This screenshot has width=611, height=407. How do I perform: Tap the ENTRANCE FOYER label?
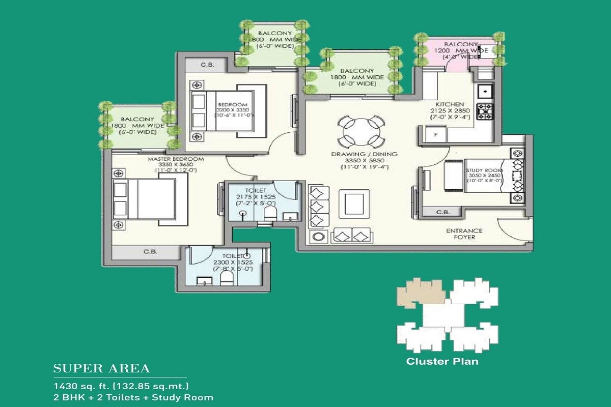click(x=464, y=234)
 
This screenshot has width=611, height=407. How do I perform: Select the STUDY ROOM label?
click(x=484, y=170)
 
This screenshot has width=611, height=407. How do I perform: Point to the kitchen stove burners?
click(x=485, y=111)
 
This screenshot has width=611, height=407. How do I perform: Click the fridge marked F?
click(x=435, y=134)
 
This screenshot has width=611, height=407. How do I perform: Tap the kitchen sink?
click(x=484, y=92)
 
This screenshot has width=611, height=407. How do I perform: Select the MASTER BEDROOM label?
click(x=176, y=159)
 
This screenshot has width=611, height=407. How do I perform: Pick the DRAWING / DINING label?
click(x=364, y=154)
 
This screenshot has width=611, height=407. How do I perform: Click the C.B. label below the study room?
click(x=443, y=212)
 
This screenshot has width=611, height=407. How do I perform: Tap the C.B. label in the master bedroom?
click(x=150, y=251)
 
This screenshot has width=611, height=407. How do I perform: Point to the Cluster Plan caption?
click(x=442, y=362)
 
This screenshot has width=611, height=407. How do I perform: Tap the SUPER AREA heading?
click(x=102, y=368)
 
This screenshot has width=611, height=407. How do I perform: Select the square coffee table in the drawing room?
click(x=355, y=203)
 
